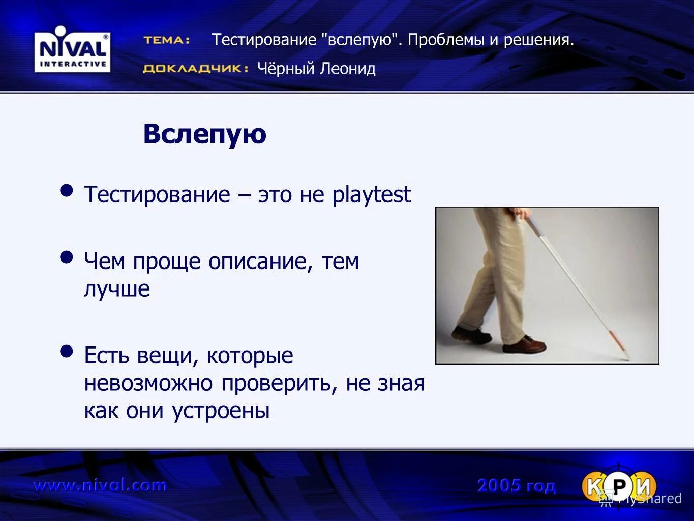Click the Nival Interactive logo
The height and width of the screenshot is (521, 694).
[x=72, y=52]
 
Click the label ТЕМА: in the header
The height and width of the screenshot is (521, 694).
[x=167, y=40]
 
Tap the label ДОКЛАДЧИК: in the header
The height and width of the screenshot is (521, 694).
[x=195, y=69]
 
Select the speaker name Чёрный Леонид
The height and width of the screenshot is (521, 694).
[x=316, y=68]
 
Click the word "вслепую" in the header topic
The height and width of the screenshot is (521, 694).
[x=359, y=40]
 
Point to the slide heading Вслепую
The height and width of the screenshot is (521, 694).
[x=204, y=134]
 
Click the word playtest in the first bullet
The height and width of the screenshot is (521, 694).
[x=371, y=195]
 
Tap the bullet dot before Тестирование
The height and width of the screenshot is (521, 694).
[x=67, y=191]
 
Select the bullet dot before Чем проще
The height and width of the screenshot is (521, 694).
[x=67, y=257]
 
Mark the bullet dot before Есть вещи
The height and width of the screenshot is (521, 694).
[x=67, y=351]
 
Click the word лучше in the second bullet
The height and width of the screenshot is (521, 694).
[x=117, y=289]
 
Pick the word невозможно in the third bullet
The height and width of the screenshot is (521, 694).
[x=149, y=383]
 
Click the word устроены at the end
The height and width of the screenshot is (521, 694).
[x=221, y=411]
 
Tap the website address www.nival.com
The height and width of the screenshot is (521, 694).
[x=100, y=485]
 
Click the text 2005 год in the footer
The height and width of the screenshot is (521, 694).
[x=516, y=486]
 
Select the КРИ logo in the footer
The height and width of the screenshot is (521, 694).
[x=619, y=486]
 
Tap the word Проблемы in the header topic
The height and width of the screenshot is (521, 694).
[x=446, y=40]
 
